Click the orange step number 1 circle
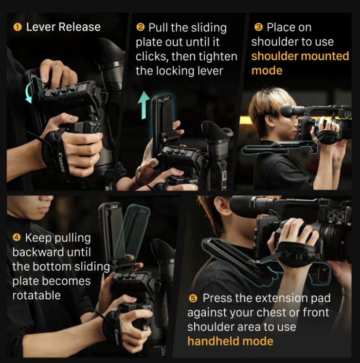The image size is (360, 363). (18, 27)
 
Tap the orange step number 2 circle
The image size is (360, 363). (140, 27)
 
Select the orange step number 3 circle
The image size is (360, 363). (258, 27)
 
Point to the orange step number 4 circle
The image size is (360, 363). (17, 237)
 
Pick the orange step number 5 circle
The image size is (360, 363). (193, 298)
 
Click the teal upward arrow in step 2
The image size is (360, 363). (144, 105)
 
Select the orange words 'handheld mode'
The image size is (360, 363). (231, 341)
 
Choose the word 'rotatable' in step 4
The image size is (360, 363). (36, 295)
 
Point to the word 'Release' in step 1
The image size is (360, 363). (79, 27)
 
